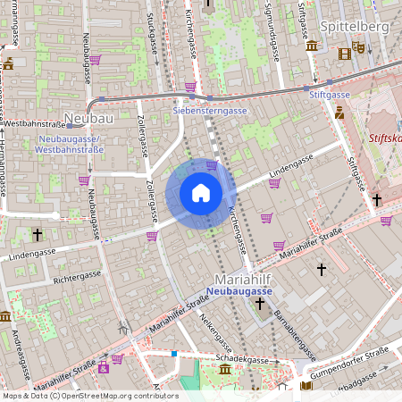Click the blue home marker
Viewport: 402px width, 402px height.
(x=201, y=192)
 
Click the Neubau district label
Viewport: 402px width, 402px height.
(x=88, y=118)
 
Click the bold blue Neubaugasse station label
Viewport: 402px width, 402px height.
(x=238, y=291)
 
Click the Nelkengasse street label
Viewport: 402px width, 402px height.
(x=209, y=328)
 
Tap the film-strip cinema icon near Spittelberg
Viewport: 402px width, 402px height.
(x=345, y=53)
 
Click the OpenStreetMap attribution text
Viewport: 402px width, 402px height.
(x=90, y=396)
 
